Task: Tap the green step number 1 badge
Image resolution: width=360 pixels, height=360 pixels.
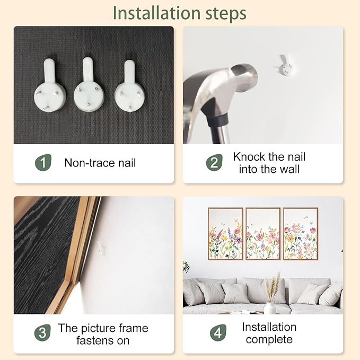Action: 43,163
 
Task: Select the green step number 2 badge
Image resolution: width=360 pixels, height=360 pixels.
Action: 214,163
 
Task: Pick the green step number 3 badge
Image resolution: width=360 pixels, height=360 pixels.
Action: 42,332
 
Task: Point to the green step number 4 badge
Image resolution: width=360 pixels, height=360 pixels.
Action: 218,332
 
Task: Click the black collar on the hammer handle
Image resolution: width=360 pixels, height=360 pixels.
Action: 217,119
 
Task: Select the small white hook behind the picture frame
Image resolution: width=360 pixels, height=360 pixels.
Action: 101,248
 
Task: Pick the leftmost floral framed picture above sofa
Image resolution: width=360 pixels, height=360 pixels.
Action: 225,234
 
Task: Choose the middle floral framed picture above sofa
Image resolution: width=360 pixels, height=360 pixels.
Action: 263,234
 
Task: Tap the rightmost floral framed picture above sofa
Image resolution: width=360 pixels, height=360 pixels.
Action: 300,234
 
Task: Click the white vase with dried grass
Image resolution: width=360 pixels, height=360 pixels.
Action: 270,308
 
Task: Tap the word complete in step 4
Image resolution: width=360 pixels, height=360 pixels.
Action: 269,339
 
